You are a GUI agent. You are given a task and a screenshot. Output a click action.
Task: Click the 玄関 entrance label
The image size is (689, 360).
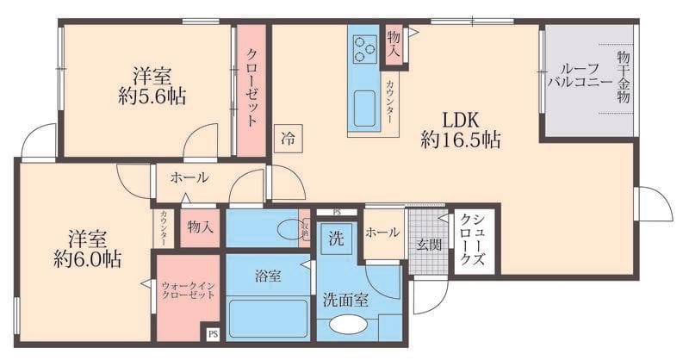point(430,245)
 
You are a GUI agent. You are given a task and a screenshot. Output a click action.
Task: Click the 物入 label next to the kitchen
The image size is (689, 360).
point(394,44)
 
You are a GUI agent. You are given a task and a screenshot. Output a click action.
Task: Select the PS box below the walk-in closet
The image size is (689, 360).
point(212,332)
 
